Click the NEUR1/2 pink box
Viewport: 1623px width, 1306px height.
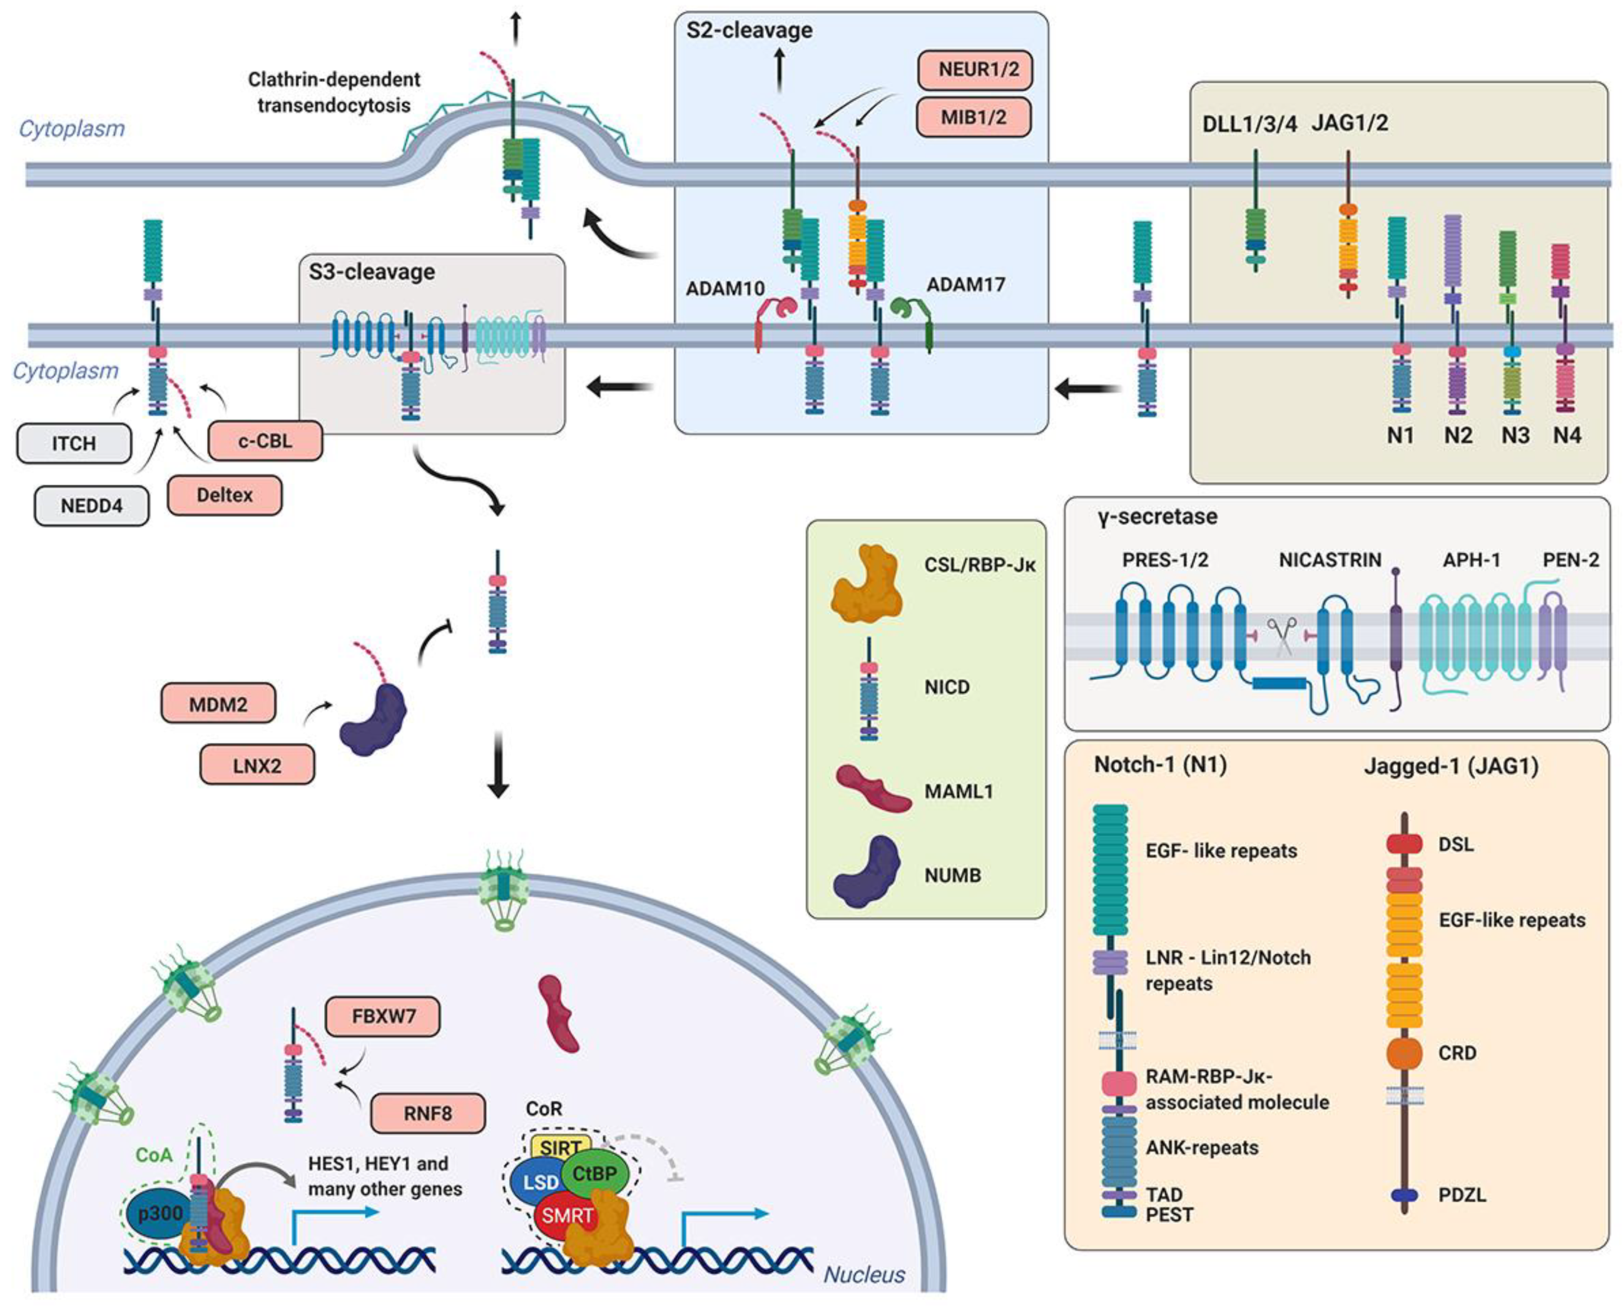pyautogui.click(x=975, y=70)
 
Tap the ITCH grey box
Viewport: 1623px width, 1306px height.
pyautogui.click(x=74, y=443)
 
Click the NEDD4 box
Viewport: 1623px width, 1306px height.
pyautogui.click(x=91, y=506)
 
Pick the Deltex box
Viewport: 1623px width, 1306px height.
pyautogui.click(x=225, y=495)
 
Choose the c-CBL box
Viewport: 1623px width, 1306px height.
pyautogui.click(x=265, y=440)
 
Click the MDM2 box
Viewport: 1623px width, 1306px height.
pyautogui.click(x=218, y=704)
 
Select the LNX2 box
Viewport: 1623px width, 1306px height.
pyautogui.click(x=257, y=766)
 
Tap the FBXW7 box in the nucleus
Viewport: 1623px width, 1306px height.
pyautogui.click(x=382, y=1016)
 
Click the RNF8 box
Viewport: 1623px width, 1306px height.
pyautogui.click(x=427, y=1113)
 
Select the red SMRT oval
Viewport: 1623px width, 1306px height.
pyautogui.click(x=566, y=1215)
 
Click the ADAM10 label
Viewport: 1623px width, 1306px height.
pyautogui.click(x=725, y=288)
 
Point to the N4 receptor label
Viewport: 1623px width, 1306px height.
pyautogui.click(x=1567, y=436)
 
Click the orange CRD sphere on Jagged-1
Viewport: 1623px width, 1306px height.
pyautogui.click(x=1404, y=1054)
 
